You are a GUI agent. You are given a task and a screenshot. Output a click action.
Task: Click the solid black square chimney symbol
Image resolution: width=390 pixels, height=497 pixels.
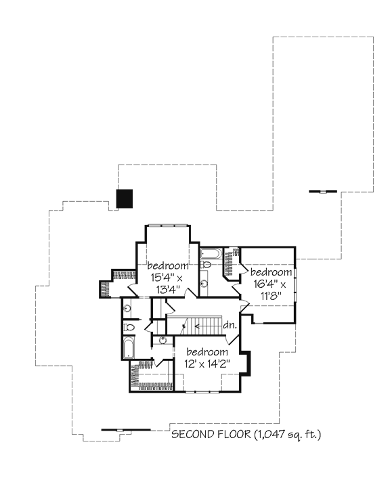click(125, 199)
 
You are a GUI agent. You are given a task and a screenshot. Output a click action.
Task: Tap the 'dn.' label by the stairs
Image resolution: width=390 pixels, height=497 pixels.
click(230, 325)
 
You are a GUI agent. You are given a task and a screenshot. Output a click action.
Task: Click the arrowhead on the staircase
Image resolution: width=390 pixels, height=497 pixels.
click(197, 326)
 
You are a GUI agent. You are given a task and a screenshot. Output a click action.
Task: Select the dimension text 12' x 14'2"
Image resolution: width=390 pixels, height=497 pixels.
click(207, 363)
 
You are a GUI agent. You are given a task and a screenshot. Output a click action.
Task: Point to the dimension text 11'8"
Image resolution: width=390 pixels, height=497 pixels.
click(272, 296)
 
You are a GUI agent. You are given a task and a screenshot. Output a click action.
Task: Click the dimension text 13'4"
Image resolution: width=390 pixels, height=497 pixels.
click(168, 289)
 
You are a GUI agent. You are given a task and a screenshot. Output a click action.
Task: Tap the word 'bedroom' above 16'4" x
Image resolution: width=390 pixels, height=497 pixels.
click(271, 272)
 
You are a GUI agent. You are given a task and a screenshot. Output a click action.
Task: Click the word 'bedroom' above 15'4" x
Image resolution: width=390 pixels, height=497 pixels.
click(168, 265)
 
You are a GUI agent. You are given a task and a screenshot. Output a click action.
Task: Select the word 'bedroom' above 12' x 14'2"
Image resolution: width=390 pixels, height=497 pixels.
click(207, 352)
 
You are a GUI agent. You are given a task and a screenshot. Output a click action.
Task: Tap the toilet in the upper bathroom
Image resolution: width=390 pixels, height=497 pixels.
click(206, 264)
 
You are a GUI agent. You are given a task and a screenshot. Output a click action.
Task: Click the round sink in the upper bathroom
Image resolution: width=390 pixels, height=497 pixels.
click(204, 283)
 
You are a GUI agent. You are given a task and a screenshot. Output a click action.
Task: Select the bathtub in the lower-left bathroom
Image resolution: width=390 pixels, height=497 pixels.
click(129, 347)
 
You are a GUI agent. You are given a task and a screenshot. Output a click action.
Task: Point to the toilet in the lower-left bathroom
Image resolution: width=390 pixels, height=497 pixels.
click(129, 327)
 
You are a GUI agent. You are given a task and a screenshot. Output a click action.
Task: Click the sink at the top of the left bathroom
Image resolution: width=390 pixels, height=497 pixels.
click(127, 308)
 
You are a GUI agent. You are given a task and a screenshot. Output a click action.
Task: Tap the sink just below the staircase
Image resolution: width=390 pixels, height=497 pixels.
click(162, 341)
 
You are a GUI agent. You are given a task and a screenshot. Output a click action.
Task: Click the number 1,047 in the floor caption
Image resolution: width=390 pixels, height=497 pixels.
click(270, 434)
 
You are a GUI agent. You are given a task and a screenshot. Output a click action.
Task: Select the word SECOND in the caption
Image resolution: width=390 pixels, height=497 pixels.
click(193, 434)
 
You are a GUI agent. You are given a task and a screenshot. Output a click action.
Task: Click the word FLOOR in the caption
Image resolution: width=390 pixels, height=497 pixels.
click(234, 434)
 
